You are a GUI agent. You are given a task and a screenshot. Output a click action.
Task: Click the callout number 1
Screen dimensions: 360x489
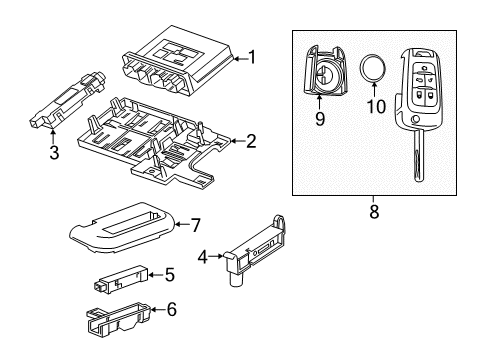[251, 57]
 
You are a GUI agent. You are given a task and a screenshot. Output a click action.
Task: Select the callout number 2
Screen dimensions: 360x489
[251, 141]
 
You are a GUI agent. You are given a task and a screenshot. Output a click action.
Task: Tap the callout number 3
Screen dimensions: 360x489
[55, 153]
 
